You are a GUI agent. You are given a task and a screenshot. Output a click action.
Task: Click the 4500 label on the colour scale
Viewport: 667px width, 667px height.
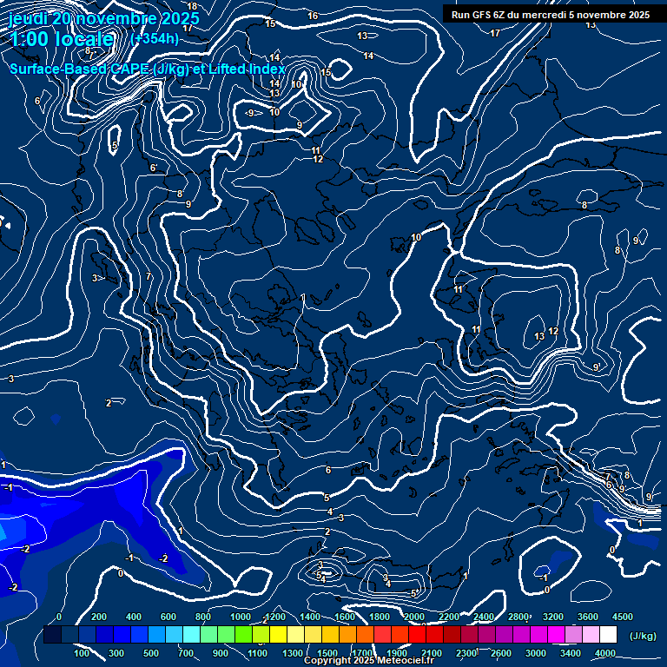click(622, 617)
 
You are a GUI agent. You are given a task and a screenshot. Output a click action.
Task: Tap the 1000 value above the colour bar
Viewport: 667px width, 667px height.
click(240, 617)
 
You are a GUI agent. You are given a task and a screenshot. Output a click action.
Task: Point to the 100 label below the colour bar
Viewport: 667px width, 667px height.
click(82, 653)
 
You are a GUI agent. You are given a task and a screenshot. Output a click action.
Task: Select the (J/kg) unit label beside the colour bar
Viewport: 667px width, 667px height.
click(642, 636)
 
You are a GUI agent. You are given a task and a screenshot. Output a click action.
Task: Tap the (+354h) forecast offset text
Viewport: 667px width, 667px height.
click(155, 38)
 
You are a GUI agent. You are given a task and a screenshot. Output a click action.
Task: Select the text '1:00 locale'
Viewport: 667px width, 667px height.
click(63, 39)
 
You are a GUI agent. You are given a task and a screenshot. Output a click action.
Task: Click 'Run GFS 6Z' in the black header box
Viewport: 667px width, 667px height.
click(479, 15)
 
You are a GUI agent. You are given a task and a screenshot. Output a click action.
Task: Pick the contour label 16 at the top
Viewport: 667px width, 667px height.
click(313, 16)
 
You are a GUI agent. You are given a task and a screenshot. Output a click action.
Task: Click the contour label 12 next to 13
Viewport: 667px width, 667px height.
click(553, 332)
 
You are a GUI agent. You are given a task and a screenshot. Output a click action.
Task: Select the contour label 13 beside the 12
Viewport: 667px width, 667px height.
click(539, 336)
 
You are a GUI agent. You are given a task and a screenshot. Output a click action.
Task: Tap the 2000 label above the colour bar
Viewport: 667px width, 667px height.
click(415, 617)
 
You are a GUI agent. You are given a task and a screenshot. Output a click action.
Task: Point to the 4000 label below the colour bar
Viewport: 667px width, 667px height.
click(605, 653)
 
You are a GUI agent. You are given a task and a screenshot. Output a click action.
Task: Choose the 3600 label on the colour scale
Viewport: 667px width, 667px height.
click(587, 617)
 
